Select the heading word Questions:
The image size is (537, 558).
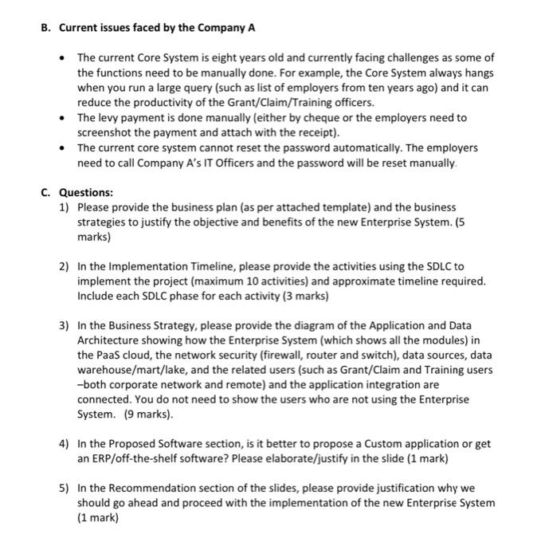click(x=87, y=192)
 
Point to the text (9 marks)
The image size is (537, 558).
click(x=147, y=415)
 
